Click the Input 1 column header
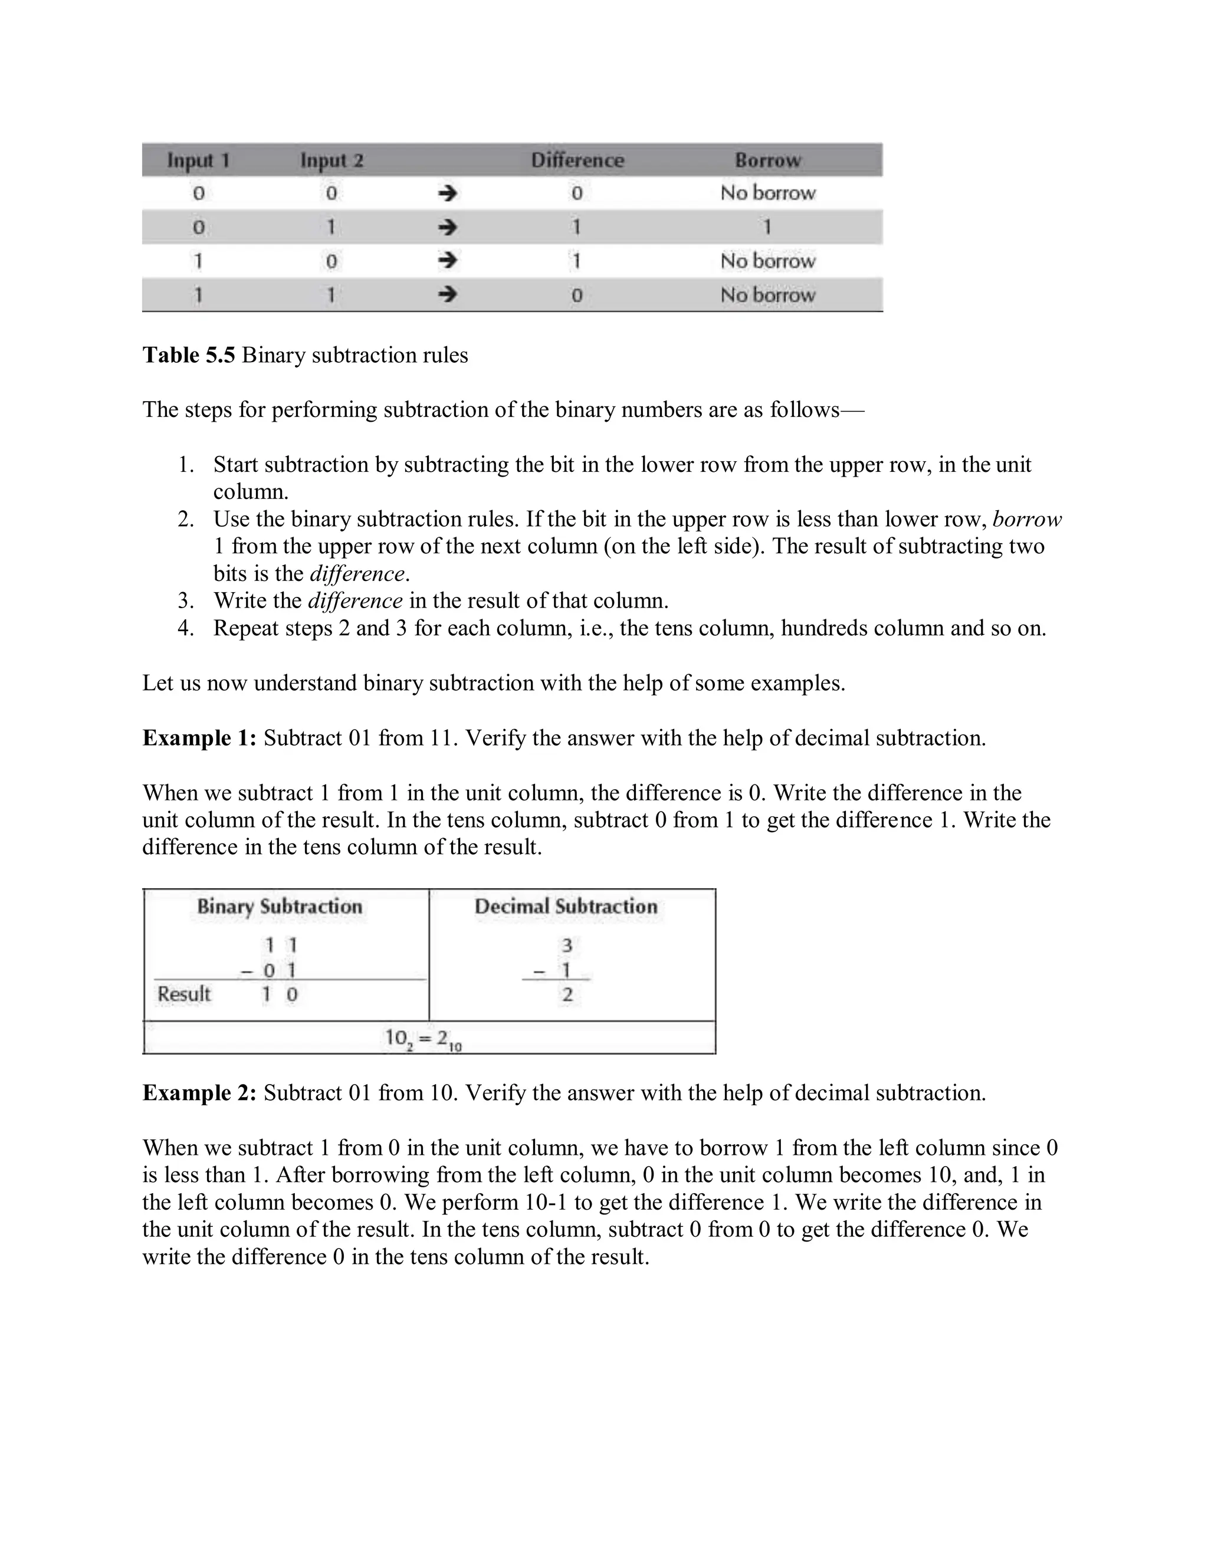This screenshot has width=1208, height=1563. point(198,160)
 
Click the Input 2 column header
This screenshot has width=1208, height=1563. point(331,160)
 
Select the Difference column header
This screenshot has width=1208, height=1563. point(577,160)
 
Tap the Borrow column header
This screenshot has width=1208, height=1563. point(767,160)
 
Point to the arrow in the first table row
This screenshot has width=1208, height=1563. point(447,193)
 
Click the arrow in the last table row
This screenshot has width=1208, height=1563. point(447,295)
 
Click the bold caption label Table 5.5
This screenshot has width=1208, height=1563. point(189,355)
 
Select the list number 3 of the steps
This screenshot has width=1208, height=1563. point(185,600)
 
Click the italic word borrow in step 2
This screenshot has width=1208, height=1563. point(1026,519)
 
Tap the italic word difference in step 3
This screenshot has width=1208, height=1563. point(355,600)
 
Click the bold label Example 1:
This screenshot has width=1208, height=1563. point(199,738)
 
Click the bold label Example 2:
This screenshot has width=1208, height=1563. point(199,1093)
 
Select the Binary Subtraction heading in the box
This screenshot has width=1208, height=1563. point(280,907)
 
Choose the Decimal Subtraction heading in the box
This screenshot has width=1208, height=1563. point(565,907)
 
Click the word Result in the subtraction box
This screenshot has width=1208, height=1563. point(184,994)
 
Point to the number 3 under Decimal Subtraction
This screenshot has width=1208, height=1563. point(567,946)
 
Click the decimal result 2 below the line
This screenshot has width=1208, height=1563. point(567,995)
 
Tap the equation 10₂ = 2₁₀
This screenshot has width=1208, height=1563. point(423,1039)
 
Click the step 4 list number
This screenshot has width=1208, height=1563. point(185,628)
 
